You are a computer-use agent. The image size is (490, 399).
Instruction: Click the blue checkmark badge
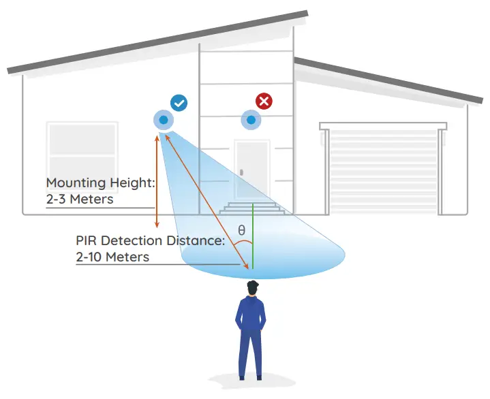pos(179,103)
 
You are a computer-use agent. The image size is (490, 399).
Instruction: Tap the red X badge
pos(264,101)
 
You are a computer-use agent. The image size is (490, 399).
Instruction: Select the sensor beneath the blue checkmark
pos(164,121)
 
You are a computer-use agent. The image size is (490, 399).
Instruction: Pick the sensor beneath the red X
pos(251,121)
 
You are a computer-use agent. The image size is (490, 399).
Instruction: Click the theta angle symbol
pos(241,230)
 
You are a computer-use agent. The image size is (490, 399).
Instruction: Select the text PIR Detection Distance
pos(149,240)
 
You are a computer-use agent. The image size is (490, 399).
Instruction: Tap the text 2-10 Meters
pos(112,257)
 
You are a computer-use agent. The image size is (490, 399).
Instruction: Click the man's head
pos(252,289)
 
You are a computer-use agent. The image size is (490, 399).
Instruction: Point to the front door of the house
pos(253,167)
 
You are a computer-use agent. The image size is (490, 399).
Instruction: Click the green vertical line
pos(253,238)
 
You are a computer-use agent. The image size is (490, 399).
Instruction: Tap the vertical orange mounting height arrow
pos(158,180)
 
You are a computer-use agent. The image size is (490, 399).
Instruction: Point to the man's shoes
pos(250,376)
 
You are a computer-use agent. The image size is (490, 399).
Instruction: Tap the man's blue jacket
pos(251,320)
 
